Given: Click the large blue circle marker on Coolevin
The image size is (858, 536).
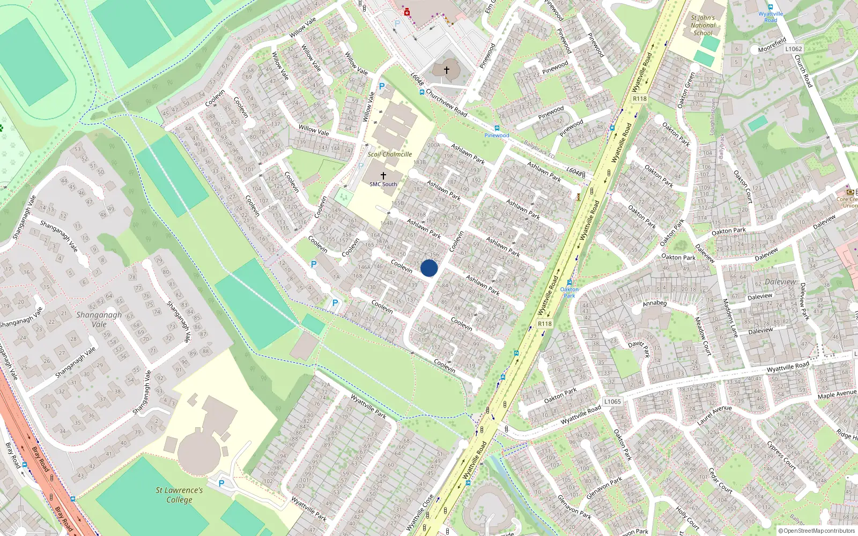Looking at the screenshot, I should click(429, 268).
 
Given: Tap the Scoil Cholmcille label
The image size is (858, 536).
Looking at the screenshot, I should click(390, 154).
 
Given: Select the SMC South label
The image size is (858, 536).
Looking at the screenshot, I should click(383, 184).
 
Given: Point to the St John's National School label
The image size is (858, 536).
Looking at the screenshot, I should click(702, 25).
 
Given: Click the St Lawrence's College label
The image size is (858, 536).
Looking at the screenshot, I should click(179, 495).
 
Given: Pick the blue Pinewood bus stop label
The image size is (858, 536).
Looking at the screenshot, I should click(497, 135).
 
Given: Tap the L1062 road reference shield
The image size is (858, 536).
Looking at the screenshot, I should click(794, 49).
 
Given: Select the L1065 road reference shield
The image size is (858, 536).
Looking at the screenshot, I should click(612, 401).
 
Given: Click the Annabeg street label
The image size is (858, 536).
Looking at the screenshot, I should click(655, 303).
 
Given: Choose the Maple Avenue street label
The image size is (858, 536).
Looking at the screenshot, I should click(837, 394).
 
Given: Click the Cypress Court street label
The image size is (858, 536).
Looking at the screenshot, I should click(782, 455).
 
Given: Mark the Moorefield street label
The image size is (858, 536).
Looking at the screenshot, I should click(772, 45).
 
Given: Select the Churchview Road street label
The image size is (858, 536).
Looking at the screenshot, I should click(447, 103).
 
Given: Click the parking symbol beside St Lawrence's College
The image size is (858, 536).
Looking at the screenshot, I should click(221, 483).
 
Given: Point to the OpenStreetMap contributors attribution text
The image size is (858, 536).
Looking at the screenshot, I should click(819, 531).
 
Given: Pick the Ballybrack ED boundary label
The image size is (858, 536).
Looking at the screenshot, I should click(539, 150).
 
